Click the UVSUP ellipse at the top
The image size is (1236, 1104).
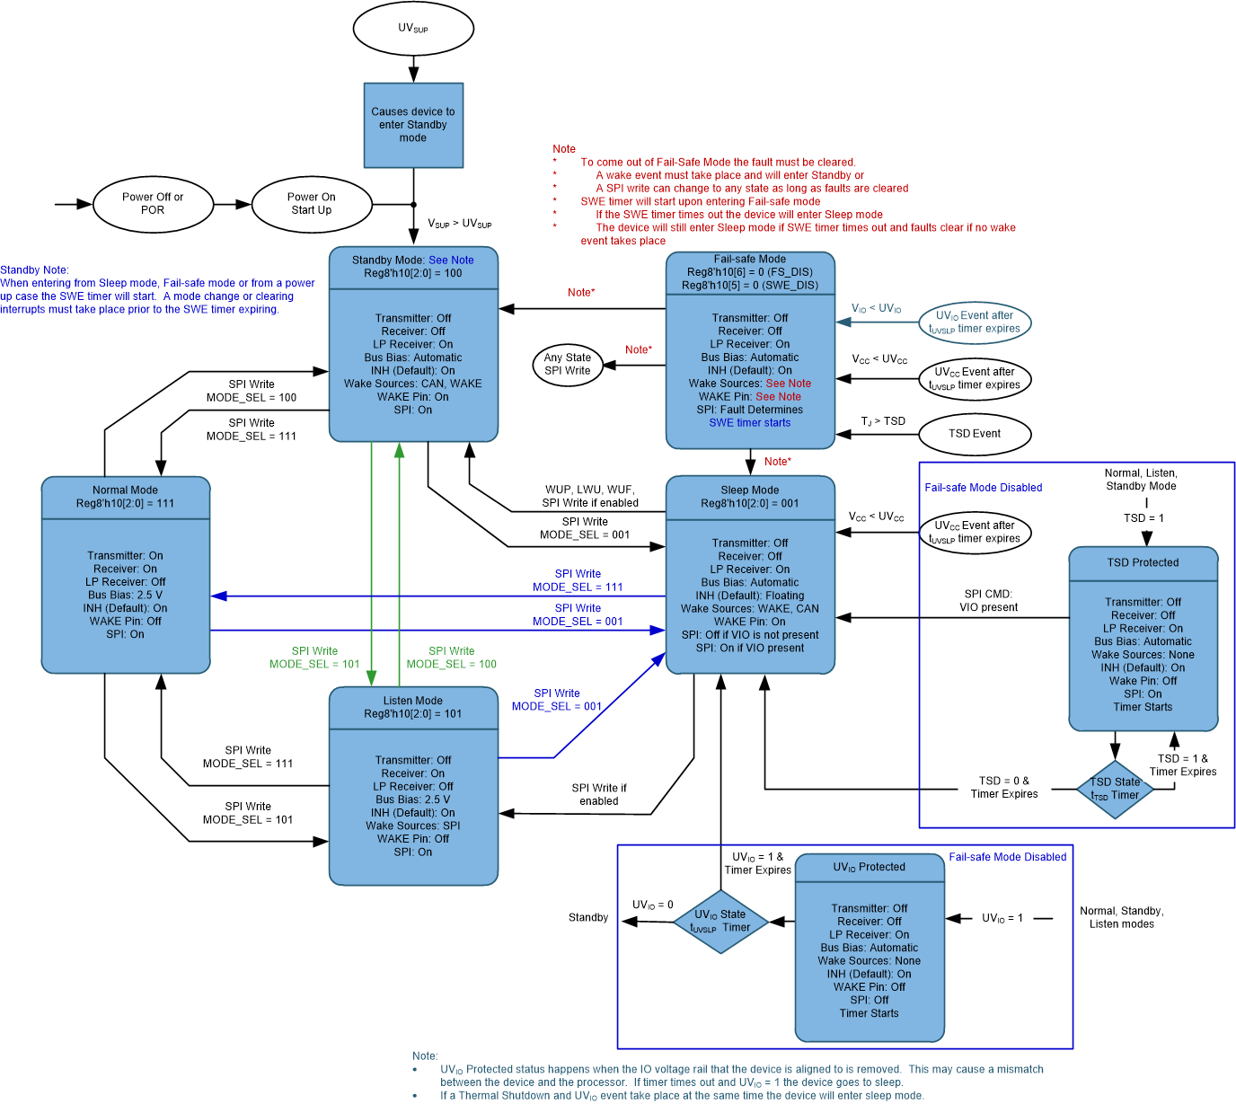click(x=413, y=29)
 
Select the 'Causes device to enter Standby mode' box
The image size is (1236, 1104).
click(x=413, y=125)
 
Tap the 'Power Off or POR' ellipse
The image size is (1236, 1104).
click(x=153, y=204)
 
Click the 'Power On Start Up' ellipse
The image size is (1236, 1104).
click(x=311, y=204)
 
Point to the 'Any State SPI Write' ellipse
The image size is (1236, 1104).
click(x=568, y=364)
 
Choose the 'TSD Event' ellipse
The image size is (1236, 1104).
click(x=975, y=434)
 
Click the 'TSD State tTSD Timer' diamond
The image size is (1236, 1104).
click(x=1115, y=789)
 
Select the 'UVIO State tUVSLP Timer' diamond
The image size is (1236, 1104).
click(x=720, y=921)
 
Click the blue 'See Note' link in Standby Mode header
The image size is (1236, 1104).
click(x=451, y=261)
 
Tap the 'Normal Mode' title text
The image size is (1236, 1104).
click(x=125, y=490)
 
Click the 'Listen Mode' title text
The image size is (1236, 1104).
click(x=413, y=701)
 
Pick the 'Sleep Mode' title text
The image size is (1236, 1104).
click(x=750, y=490)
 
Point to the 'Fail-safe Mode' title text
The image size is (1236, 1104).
click(x=750, y=260)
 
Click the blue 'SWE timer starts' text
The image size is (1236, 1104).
click(x=750, y=423)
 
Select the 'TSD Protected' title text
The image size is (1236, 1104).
click(x=1143, y=563)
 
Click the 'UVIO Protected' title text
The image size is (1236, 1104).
click(x=869, y=868)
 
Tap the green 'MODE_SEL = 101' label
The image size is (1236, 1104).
click(x=314, y=665)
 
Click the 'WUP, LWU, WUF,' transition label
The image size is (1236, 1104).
click(x=590, y=490)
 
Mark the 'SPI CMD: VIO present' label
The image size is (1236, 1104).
click(x=988, y=601)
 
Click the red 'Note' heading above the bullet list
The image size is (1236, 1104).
click(x=564, y=149)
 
